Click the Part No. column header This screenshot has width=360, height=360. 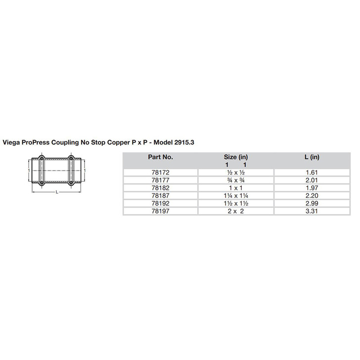click(160, 157)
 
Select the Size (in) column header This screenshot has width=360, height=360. click(236, 157)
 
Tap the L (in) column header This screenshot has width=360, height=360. click(312, 157)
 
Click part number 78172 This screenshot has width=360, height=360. click(160, 173)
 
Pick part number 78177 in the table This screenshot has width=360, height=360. click(160, 180)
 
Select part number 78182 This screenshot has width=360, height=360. click(160, 188)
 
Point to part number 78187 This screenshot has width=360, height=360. click(160, 196)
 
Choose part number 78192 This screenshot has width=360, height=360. click(160, 204)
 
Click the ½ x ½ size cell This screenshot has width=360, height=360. click(236, 173)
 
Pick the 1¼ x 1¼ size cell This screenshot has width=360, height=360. click(236, 196)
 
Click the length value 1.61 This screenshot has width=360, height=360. click(312, 173)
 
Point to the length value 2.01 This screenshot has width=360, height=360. click(312, 180)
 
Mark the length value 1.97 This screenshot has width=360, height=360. click(312, 188)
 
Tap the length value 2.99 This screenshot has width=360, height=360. click(312, 204)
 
